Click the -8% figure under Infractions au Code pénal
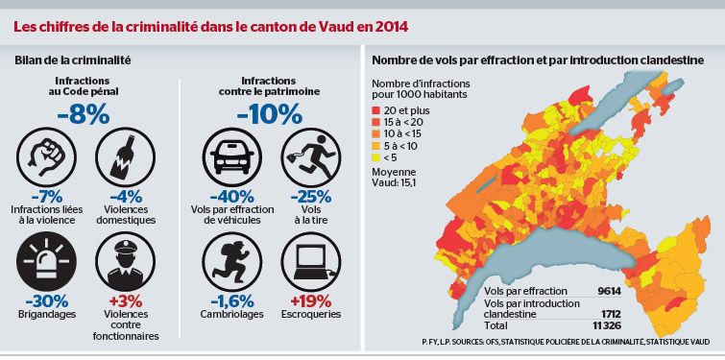83,114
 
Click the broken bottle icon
123,155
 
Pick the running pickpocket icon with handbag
309,155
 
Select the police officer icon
123,259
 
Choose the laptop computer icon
309,259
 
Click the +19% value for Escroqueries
309,300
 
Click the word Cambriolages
227,314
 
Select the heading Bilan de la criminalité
73,60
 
